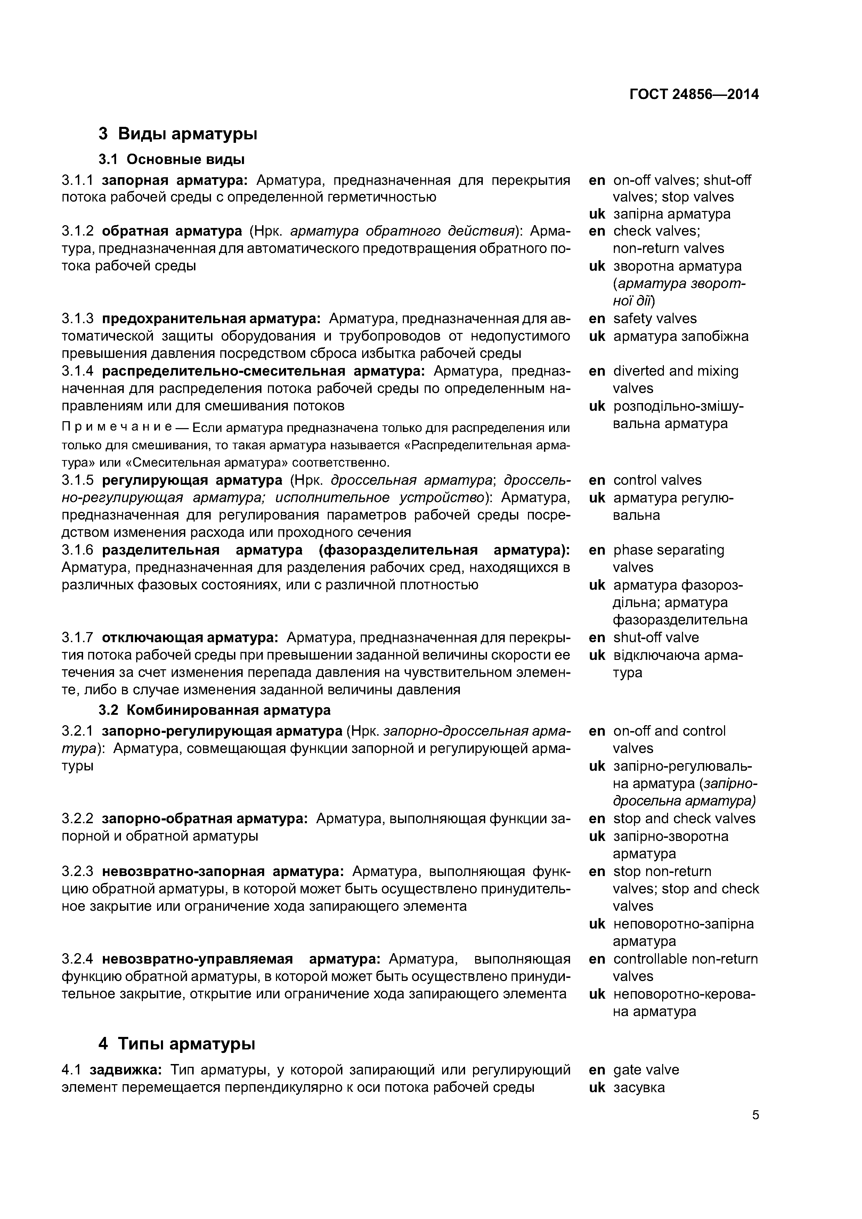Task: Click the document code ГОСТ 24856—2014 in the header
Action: point(694,95)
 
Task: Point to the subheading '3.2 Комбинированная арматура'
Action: point(214,710)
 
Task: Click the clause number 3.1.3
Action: point(78,319)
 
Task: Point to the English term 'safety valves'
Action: point(655,319)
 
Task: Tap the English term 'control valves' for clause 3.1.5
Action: point(657,480)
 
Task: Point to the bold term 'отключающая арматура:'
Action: point(190,637)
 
